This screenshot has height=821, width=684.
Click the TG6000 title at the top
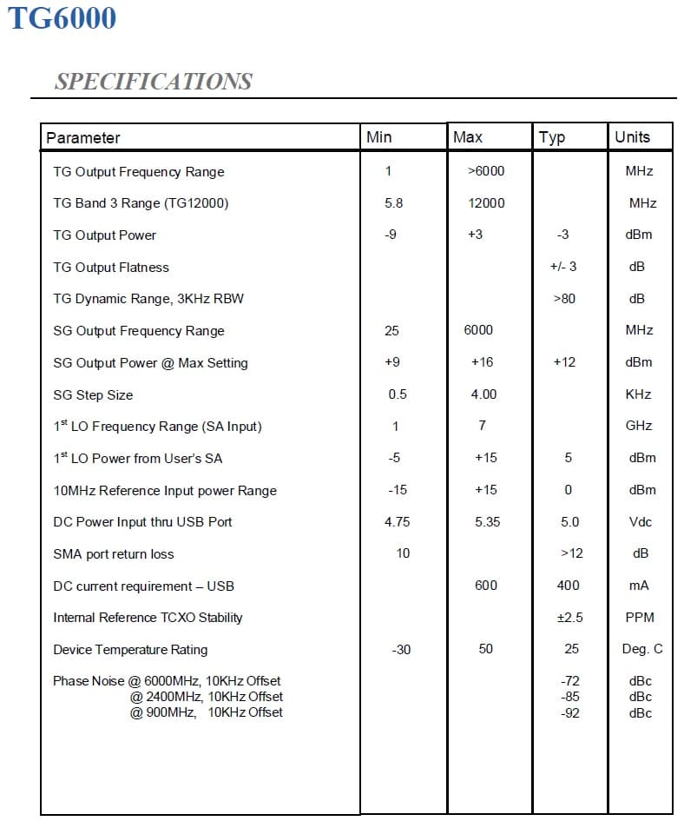pos(62,17)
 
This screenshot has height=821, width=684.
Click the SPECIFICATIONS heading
pos(153,82)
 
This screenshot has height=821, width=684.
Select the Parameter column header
pos(83,138)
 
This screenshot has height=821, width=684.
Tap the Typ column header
pos(552,137)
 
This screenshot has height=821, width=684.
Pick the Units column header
pos(632,136)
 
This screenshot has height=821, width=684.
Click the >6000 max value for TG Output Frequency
pos(486,171)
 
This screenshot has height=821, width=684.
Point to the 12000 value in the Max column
pos(486,203)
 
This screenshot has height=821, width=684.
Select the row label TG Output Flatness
pos(111,268)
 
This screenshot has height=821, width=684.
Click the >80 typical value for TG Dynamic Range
pos(564,299)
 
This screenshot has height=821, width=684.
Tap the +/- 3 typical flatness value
pos(563,267)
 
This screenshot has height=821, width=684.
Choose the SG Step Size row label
pos(93,395)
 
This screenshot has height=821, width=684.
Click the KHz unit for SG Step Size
pos(638,394)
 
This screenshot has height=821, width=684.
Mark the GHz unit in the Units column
pos(638,426)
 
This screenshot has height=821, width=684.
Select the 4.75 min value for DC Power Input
pos(398,522)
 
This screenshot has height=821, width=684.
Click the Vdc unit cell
pos(639,522)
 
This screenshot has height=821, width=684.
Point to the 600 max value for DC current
pos(486,586)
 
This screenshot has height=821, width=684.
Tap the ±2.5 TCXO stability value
pos(569,618)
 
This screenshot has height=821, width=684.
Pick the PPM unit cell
pos(639,618)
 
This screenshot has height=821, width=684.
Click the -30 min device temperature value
pos(401,650)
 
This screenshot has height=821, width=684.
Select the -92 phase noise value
pos(570,713)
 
